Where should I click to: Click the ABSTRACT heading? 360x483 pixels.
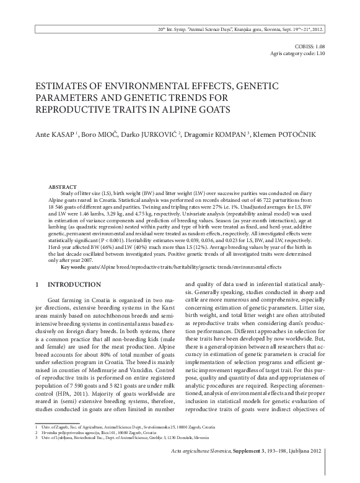[x=64, y=186]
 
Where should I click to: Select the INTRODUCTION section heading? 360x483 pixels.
[x=78, y=285]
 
